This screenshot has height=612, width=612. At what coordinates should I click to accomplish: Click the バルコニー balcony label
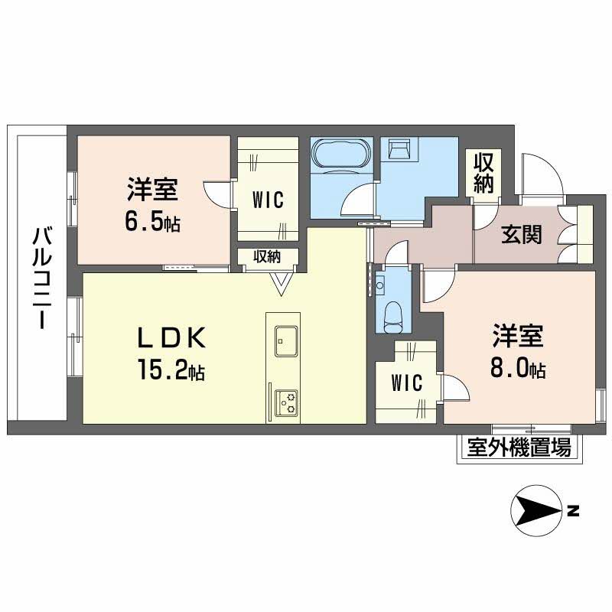42,278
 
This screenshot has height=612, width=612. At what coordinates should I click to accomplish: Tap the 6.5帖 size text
152,222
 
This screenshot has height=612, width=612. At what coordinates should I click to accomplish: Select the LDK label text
171,338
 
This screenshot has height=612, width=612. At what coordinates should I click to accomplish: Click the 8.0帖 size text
518,368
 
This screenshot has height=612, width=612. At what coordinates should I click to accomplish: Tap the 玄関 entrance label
522,235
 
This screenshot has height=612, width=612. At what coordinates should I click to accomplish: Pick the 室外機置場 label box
519,448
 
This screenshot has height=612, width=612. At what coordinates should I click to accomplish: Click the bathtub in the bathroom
341,154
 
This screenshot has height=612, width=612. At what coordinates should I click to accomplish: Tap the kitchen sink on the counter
286,340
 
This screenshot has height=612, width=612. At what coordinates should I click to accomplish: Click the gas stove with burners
286,403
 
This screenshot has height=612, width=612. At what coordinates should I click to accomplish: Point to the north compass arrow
536,510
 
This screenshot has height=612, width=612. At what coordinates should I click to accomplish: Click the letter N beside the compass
573,510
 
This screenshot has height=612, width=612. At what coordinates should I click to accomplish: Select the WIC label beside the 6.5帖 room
268,200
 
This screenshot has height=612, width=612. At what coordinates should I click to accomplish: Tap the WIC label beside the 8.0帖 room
407,382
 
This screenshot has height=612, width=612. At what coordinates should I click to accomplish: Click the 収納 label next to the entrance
483,173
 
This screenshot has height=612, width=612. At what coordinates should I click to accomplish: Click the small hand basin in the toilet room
379,285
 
